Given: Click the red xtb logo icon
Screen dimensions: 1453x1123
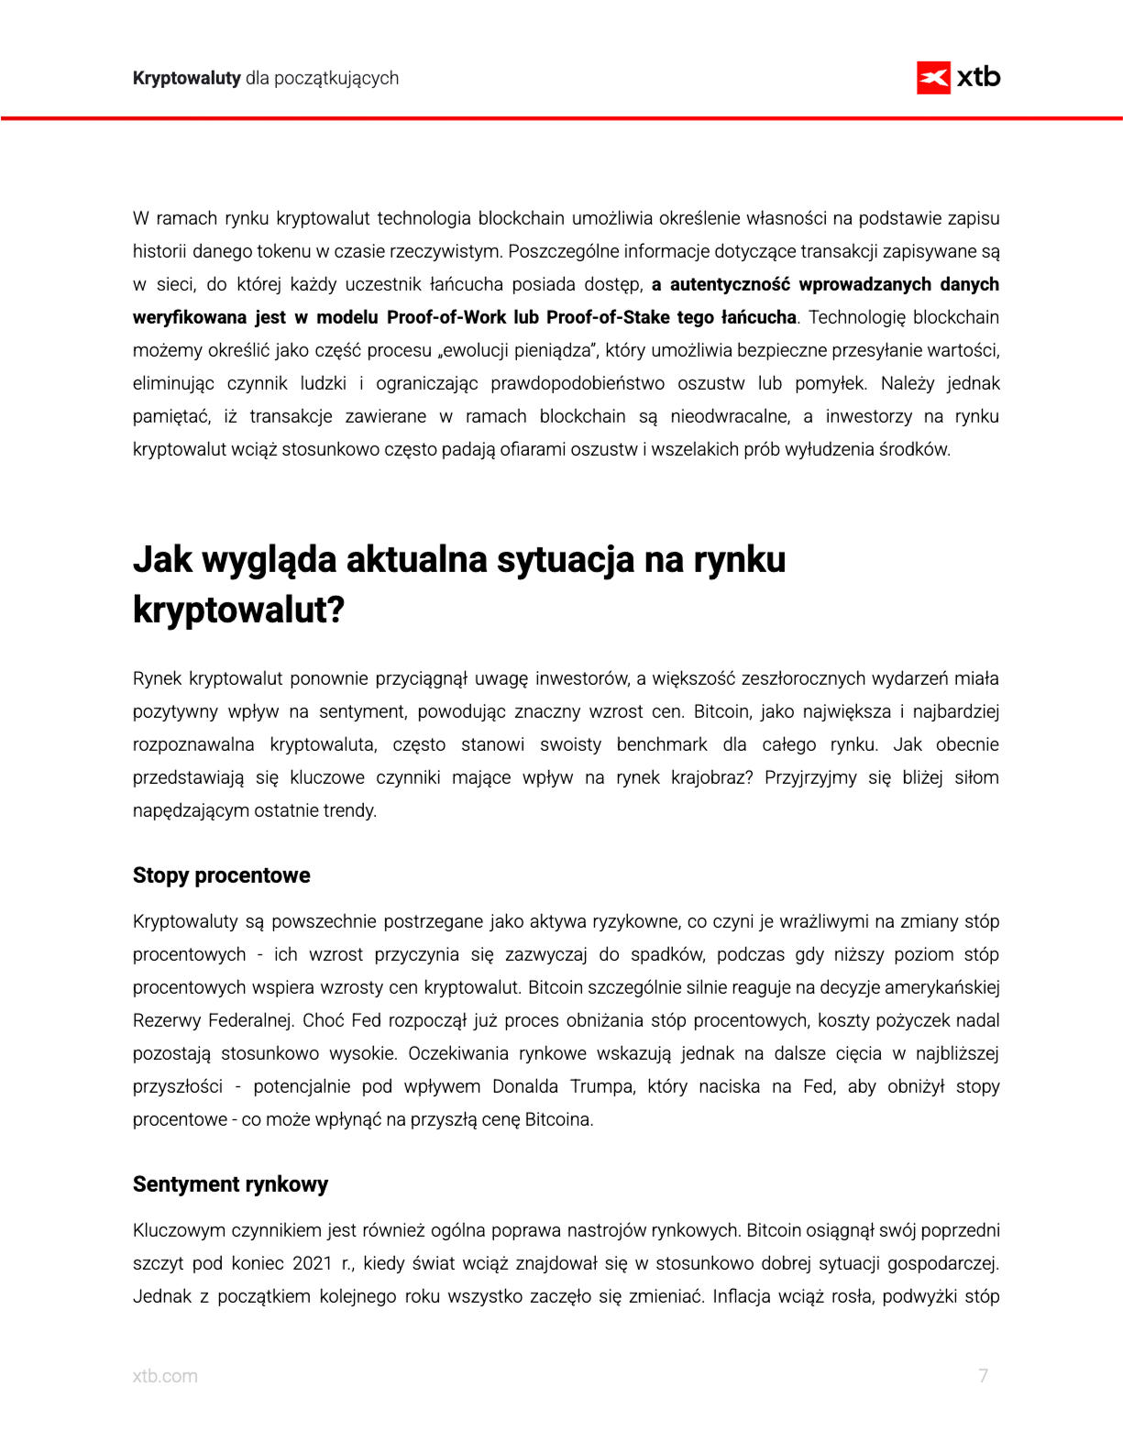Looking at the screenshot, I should (933, 78).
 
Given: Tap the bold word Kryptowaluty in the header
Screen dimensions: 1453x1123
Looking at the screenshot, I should (186, 78).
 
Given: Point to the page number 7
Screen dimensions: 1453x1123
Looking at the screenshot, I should (983, 1376).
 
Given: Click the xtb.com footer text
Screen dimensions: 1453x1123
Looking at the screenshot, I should (165, 1376).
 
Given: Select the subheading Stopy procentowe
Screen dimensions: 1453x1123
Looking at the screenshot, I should (221, 875).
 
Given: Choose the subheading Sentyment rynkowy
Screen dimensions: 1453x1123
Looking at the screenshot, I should (230, 1184).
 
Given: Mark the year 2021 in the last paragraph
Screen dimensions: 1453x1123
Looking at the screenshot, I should (312, 1263).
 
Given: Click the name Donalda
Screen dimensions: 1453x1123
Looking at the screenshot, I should (525, 1086).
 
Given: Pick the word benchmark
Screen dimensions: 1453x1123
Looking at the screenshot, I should (662, 744).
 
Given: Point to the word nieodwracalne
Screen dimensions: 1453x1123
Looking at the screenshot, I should (730, 416).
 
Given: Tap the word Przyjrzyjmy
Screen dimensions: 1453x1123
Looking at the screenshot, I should (809, 777).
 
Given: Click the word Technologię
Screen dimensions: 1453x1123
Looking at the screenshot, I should (856, 317).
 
